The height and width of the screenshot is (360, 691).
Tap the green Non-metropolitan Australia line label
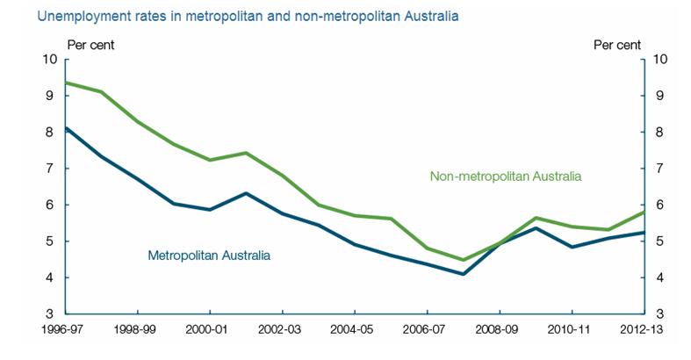point(505,176)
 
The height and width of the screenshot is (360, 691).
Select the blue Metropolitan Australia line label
point(209,256)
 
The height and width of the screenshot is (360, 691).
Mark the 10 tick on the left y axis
point(49,60)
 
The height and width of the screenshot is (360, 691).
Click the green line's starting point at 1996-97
point(66,83)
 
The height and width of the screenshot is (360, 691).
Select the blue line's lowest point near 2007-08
point(463,274)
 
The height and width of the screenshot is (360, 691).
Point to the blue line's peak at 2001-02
point(247,193)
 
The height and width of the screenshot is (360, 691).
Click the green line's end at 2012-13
point(644,212)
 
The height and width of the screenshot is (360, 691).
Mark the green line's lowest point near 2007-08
point(463,260)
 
